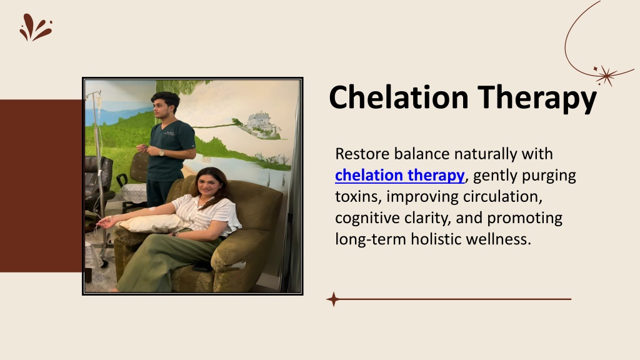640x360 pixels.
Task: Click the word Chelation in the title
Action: [x=398, y=97]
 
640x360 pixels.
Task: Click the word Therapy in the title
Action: [x=537, y=98]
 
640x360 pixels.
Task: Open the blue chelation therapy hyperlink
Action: [x=399, y=175]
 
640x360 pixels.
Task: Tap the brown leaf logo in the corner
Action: [x=36, y=27]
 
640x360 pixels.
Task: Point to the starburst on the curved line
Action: [x=606, y=75]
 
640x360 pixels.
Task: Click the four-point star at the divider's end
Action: [x=333, y=299]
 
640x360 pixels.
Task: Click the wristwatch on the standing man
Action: [x=162, y=152]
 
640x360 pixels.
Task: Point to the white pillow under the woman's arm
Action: [x=153, y=223]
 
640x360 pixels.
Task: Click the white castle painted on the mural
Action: [x=261, y=121]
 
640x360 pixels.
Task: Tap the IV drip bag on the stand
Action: [x=98, y=101]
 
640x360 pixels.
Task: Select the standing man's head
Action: [x=165, y=104]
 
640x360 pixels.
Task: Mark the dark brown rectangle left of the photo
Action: [x=41, y=186]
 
